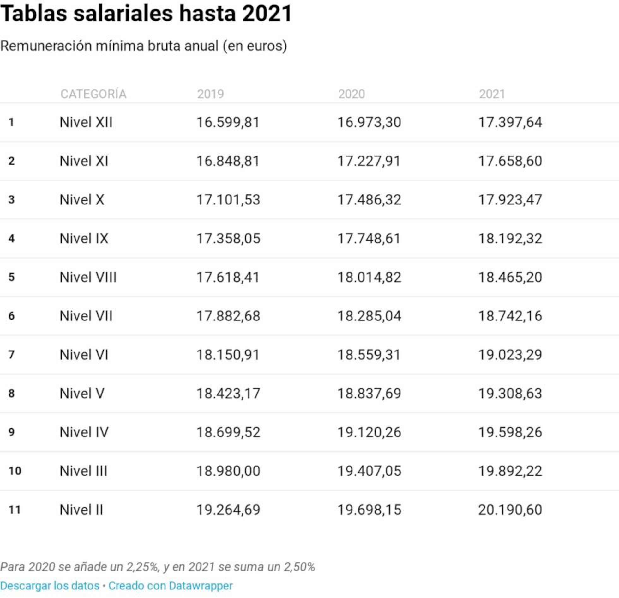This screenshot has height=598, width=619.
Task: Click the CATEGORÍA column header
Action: point(93,94)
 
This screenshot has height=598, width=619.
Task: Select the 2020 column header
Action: point(351,94)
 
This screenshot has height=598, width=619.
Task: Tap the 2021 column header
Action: point(492,94)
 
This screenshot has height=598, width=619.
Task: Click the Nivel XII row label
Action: point(86,122)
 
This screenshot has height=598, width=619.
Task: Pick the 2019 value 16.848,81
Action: point(228,161)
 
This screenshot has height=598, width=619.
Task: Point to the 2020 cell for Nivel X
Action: point(369,200)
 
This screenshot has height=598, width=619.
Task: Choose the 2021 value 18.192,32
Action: point(510,239)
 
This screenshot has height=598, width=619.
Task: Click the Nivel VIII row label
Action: point(88,277)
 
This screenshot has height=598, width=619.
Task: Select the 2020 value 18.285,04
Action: point(369,316)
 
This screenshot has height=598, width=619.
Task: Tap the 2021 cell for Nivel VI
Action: point(510,355)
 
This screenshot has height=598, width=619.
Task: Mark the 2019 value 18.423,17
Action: point(228,394)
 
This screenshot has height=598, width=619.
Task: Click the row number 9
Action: point(11,432)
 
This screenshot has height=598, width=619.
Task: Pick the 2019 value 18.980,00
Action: point(228,471)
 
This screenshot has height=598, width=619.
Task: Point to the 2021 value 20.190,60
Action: point(510,510)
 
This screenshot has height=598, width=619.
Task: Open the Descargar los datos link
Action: point(50,586)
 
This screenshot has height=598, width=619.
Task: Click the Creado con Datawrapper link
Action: point(171,586)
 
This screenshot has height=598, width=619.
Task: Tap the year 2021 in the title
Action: point(267,13)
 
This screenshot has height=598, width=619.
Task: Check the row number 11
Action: point(15,510)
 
